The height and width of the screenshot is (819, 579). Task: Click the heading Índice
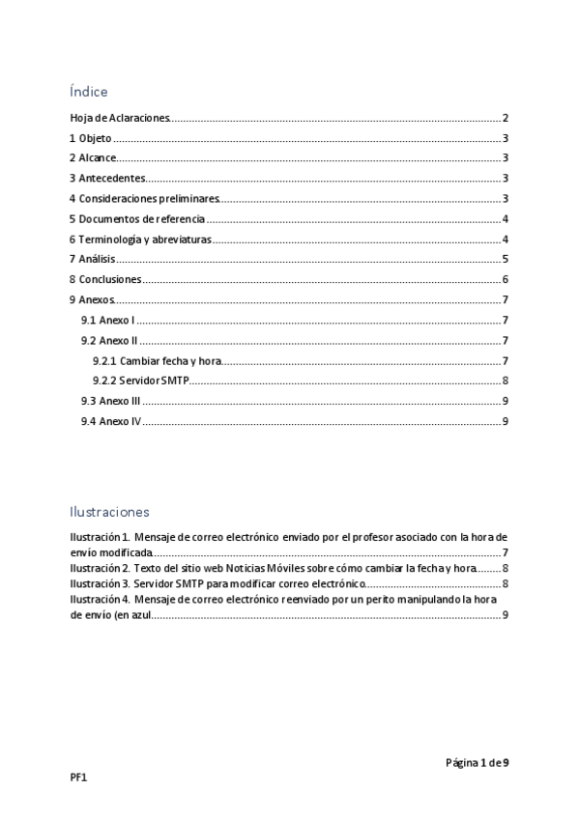(x=88, y=92)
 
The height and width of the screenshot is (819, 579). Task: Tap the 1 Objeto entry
(x=90, y=138)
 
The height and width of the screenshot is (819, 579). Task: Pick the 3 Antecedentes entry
(x=107, y=179)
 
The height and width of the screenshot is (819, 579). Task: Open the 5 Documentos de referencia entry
(x=137, y=219)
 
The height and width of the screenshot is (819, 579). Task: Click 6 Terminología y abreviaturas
(x=140, y=240)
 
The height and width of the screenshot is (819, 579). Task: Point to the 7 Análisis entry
(x=93, y=260)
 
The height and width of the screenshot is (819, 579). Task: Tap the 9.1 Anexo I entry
(x=107, y=320)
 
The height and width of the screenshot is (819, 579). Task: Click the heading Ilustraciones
(x=109, y=511)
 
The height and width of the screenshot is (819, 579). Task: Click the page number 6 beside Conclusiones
(x=506, y=280)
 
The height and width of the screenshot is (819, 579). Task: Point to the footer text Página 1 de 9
(x=477, y=763)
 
